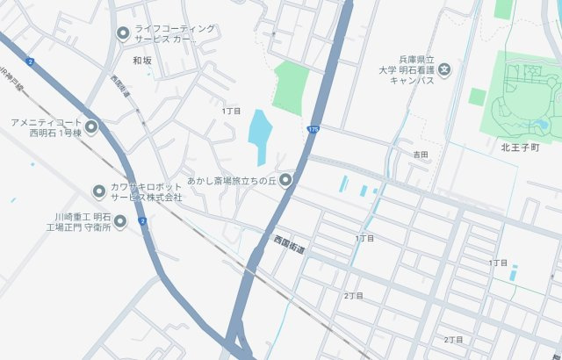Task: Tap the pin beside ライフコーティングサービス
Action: pos(123,33)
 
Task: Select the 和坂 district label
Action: pos(142,61)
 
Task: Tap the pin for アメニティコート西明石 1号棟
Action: pos(91,126)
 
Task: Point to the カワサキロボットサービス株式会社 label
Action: pos(148,191)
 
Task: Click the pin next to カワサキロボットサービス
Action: pos(99,191)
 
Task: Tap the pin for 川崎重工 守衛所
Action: pos(121,221)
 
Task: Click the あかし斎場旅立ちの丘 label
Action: pos(231,181)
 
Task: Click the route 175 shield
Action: pos(313,129)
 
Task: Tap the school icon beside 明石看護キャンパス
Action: pos(445,68)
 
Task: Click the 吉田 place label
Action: pos(421,155)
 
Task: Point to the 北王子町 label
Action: pos(518,148)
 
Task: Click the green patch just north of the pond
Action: pos(290,86)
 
